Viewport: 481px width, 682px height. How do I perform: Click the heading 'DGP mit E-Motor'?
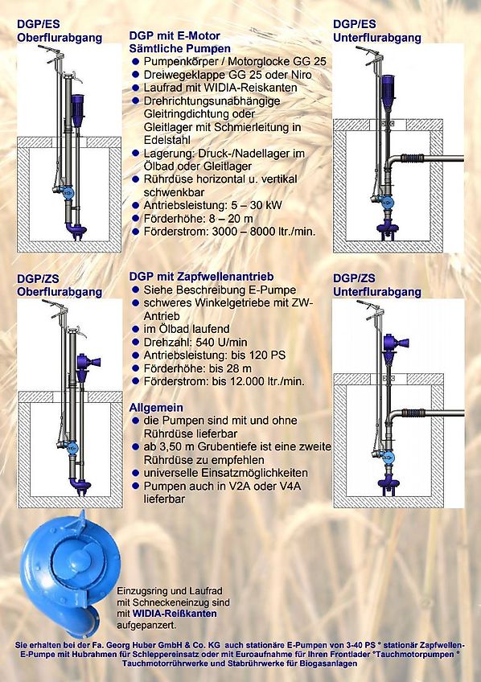pos(175,36)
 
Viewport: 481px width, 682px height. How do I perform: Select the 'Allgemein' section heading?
pos(156,408)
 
